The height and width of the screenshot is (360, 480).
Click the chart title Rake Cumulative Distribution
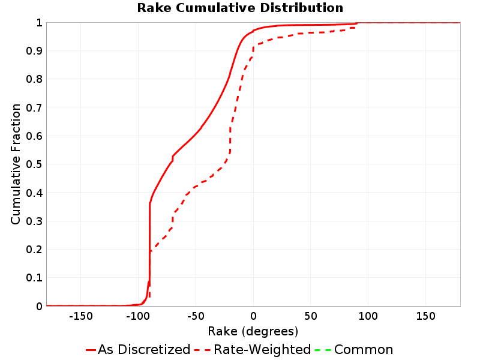click(x=240, y=8)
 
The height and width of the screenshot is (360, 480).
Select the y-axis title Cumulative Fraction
click(x=16, y=164)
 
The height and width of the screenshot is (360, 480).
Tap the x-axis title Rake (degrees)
click(x=253, y=331)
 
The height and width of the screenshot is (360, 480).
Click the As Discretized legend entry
click(x=138, y=349)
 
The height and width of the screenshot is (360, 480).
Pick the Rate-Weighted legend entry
click(x=253, y=349)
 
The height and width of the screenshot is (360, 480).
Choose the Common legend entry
click(x=353, y=349)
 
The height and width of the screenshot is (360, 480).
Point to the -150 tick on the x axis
click(x=81, y=316)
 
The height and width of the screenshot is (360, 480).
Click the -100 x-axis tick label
click(x=138, y=316)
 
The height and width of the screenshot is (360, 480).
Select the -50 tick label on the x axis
click(x=196, y=316)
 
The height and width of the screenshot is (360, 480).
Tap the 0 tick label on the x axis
click(x=253, y=316)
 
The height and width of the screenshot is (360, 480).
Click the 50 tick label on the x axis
click(x=310, y=316)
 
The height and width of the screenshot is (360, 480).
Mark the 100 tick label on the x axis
click(x=368, y=316)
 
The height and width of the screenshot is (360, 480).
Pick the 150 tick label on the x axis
click(x=425, y=316)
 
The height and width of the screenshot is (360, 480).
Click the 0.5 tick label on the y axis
click(x=34, y=164)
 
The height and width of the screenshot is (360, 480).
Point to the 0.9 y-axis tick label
click(x=34, y=51)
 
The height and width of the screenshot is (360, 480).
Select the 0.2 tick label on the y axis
click(x=34, y=250)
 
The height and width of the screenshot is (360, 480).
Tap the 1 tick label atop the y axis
click(x=39, y=23)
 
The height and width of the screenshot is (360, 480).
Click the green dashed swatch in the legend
click(x=323, y=350)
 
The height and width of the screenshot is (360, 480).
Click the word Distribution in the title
click(x=302, y=8)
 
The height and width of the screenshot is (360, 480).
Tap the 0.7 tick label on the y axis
click(x=34, y=108)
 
